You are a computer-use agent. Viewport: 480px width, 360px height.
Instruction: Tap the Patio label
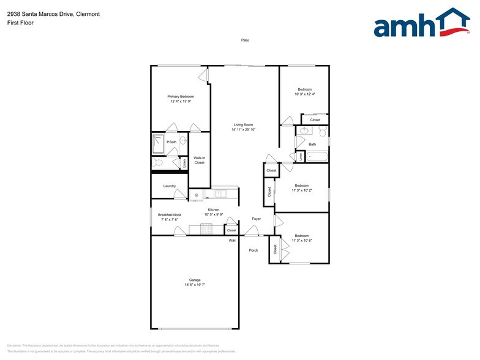[x=245, y=40]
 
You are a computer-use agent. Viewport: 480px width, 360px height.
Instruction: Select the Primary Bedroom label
[x=181, y=97]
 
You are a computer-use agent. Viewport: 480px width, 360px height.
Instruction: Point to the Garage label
[x=194, y=280]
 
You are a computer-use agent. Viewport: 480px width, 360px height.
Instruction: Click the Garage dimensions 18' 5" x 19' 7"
[x=194, y=285]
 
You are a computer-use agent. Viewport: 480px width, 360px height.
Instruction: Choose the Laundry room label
[x=170, y=186]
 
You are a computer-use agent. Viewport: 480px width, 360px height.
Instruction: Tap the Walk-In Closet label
[x=199, y=160]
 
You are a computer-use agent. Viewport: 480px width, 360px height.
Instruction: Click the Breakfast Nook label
[x=170, y=215]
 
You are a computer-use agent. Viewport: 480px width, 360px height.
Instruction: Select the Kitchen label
[x=213, y=210]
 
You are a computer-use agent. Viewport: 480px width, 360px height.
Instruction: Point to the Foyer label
[x=257, y=219]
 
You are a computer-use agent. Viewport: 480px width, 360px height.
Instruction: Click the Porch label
[x=253, y=250]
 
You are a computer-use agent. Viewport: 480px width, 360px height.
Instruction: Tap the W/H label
[x=232, y=241]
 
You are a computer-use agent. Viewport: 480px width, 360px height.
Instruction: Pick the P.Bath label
[x=171, y=143]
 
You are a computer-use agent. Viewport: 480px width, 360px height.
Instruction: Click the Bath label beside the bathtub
[x=312, y=144]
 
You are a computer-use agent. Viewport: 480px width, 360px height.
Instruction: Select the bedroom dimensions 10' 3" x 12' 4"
[x=304, y=94]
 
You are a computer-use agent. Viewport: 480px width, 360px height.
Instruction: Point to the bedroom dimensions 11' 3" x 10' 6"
[x=302, y=241]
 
